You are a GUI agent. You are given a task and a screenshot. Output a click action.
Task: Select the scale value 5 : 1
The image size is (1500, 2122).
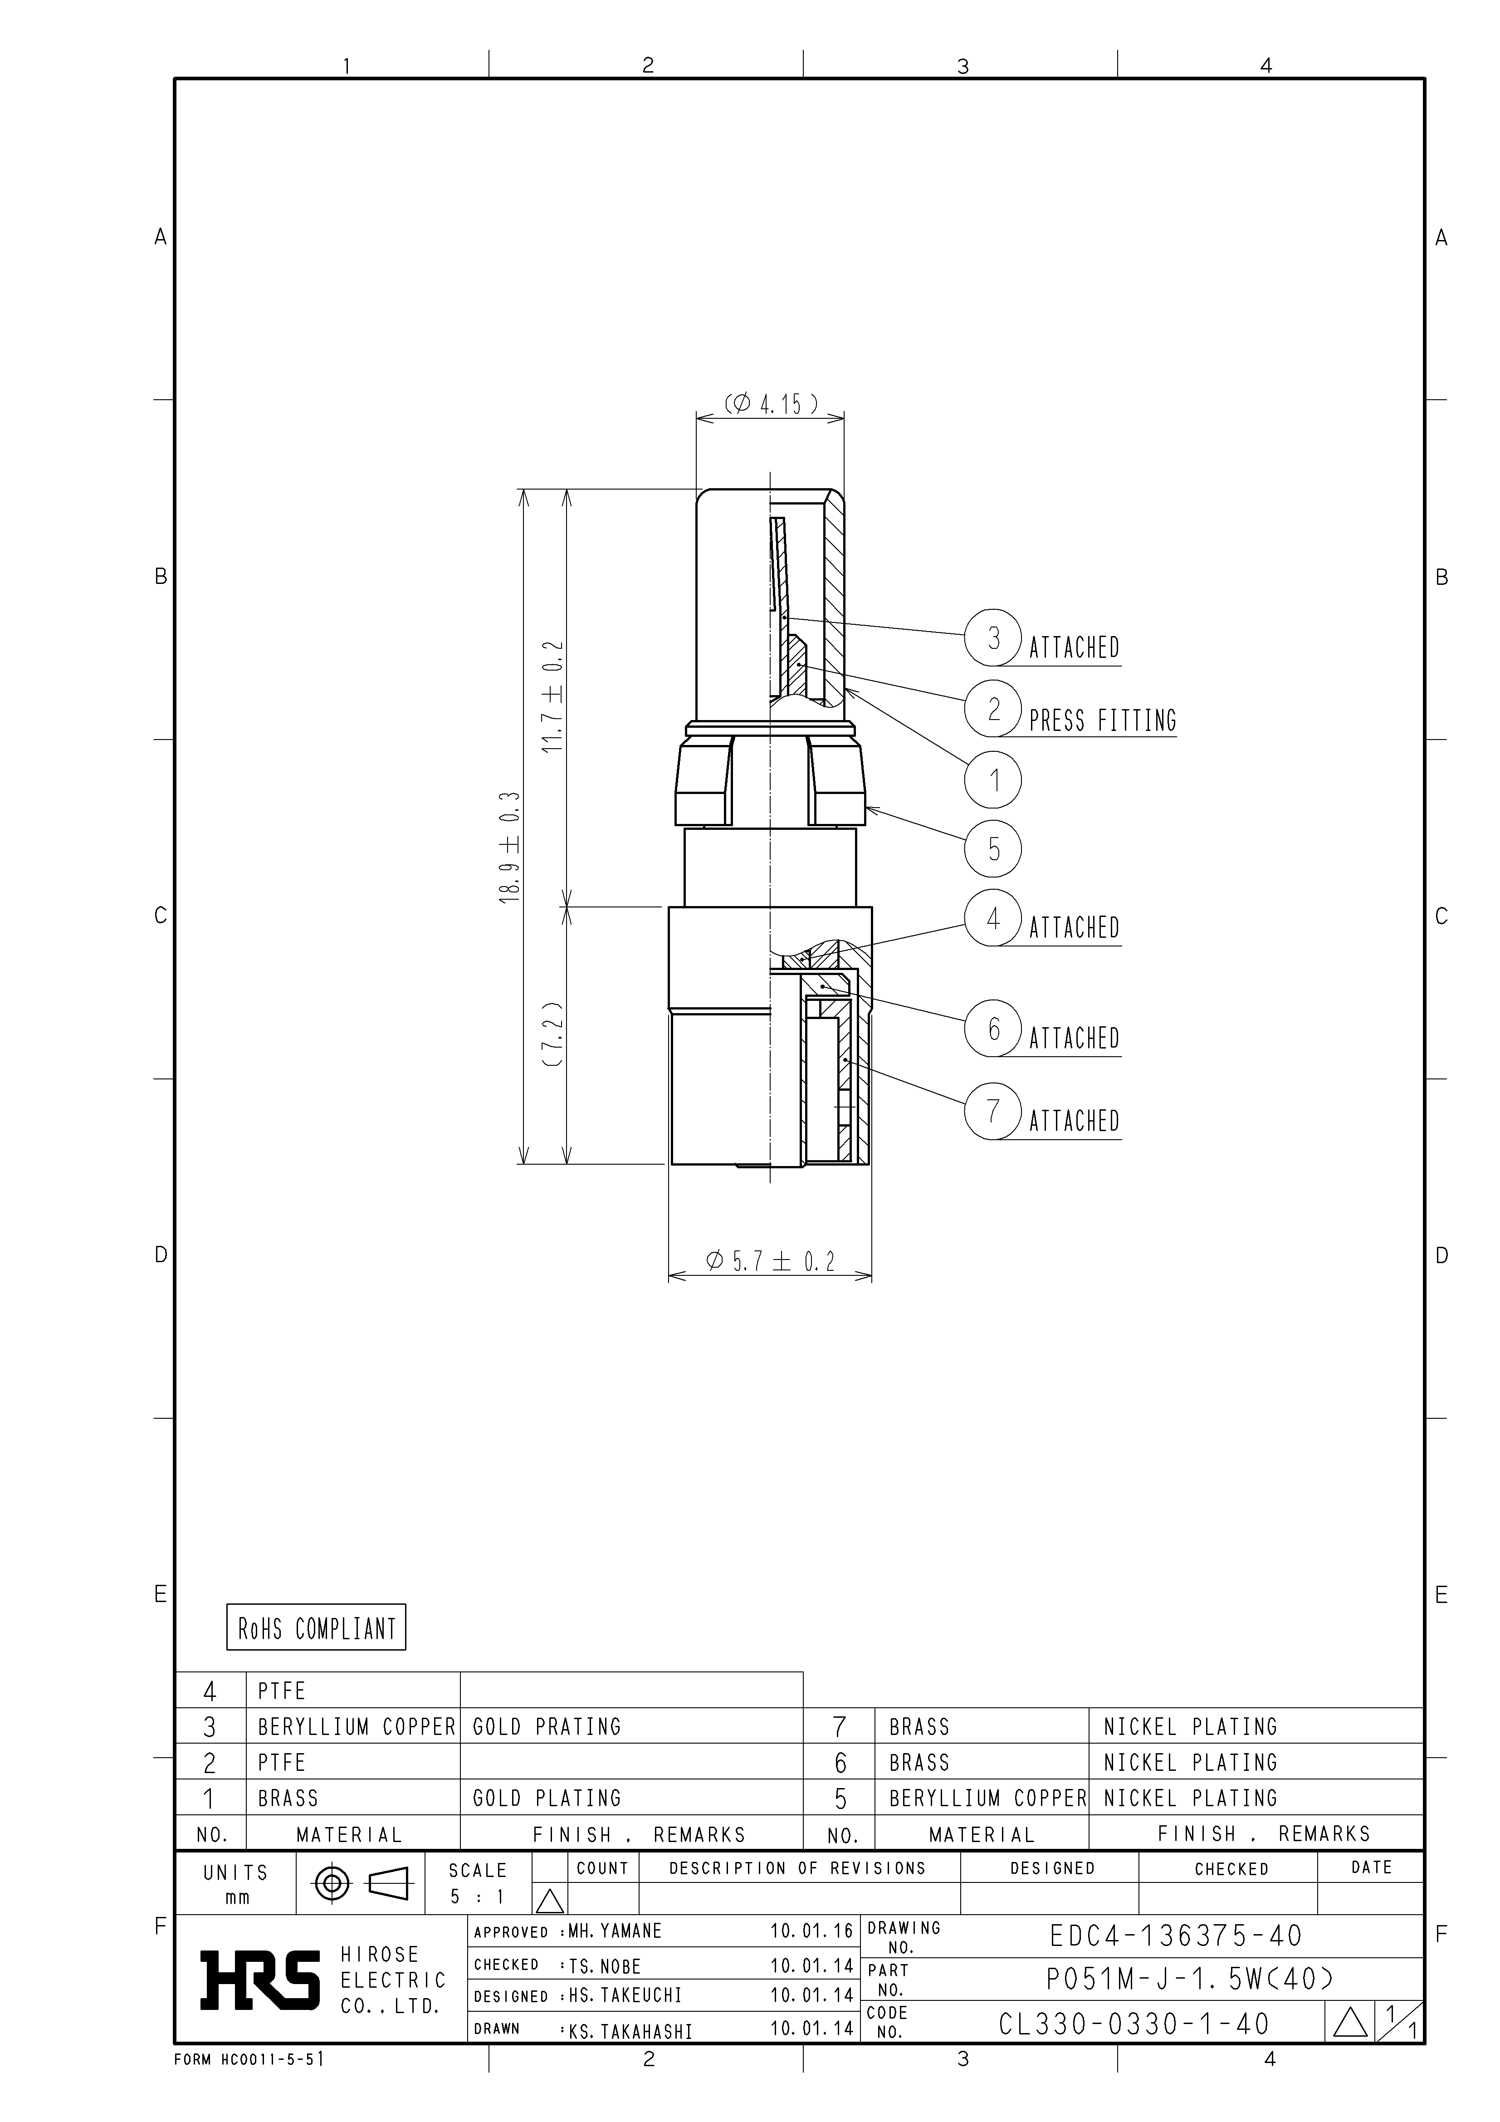(477, 1897)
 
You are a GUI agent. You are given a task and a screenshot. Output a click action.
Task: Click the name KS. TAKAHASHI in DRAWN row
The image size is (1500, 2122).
(630, 2031)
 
